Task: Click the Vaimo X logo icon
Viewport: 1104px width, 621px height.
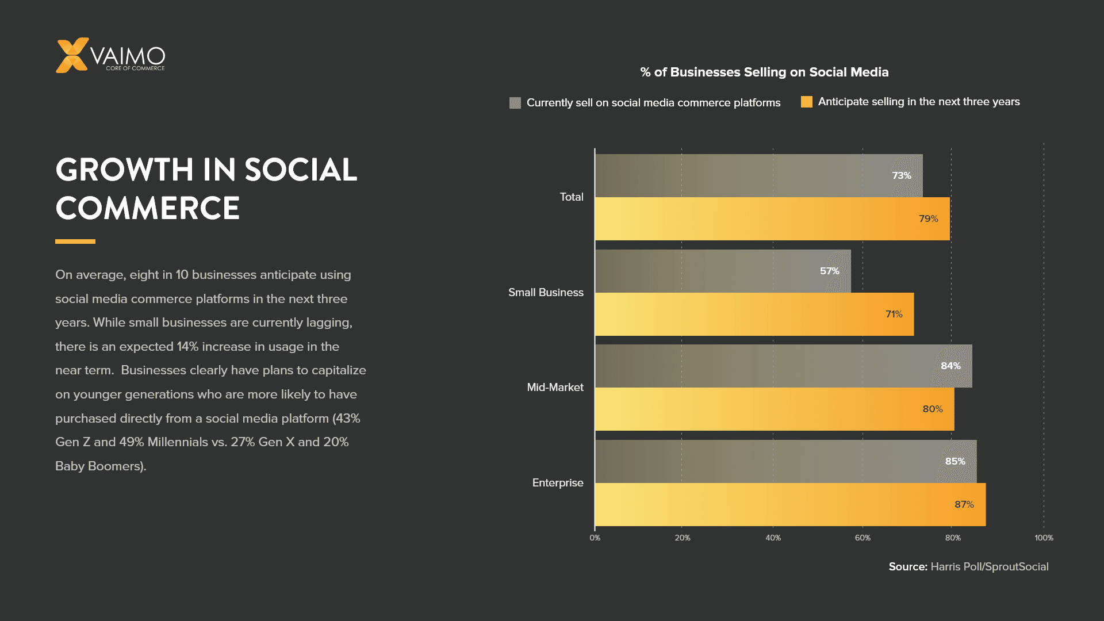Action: coord(72,55)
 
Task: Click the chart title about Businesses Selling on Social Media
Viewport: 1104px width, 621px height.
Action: coord(764,72)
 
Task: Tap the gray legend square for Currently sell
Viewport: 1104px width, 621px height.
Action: coord(515,103)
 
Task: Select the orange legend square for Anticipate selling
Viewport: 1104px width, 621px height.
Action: coord(806,102)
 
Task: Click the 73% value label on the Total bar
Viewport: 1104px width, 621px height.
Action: coord(901,175)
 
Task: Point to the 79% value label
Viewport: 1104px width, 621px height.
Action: coord(928,218)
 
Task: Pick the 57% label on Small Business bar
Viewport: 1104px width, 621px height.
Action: coord(829,271)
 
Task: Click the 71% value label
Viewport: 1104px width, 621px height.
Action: coord(894,314)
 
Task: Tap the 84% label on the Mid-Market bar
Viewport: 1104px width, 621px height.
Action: coord(950,366)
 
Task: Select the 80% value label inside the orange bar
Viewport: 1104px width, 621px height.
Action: coord(932,409)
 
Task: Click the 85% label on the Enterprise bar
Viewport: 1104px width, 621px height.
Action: coord(955,461)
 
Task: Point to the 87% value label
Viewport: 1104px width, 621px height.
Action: coord(964,504)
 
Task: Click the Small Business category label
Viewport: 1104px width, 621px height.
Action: coord(546,292)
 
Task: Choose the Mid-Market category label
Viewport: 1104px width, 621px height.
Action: coord(555,387)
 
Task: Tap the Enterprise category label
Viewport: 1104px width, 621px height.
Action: coord(557,482)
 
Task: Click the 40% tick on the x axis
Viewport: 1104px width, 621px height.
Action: coord(773,538)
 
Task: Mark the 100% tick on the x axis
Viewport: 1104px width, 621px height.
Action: coord(1044,538)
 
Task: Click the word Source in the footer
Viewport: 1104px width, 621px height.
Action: coord(907,566)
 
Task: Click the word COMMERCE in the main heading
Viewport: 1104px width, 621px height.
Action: coord(147,208)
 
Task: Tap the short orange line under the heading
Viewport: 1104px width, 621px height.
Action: coord(75,241)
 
